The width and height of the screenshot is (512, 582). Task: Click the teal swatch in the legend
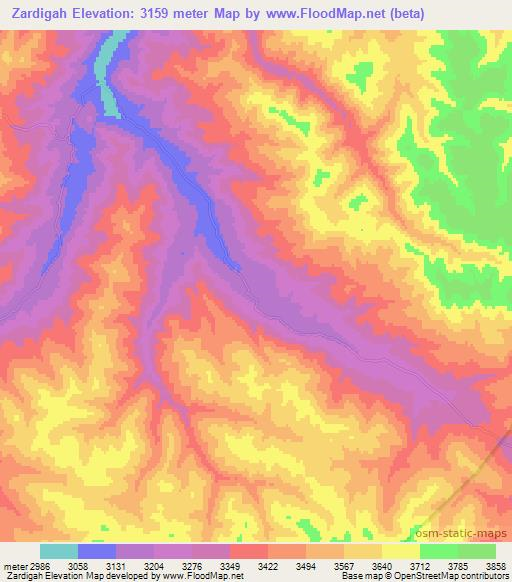click(x=59, y=551)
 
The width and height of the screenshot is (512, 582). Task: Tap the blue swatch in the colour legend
click(x=97, y=551)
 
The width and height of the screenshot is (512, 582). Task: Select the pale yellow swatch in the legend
click(x=401, y=551)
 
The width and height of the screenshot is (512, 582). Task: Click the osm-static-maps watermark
click(x=462, y=531)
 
